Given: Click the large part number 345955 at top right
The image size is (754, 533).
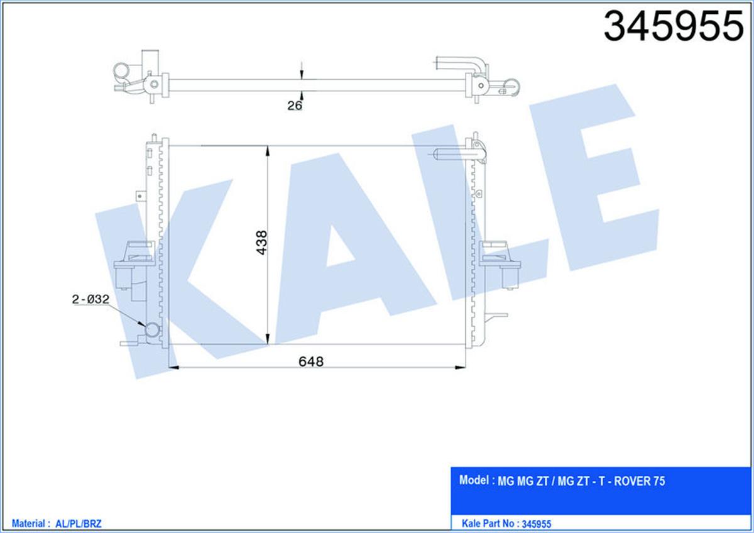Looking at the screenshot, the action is [x=674, y=26].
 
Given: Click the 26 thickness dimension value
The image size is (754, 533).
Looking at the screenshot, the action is [x=295, y=106].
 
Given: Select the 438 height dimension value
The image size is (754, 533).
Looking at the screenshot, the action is [x=261, y=243].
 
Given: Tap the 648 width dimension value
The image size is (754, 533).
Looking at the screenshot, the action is [x=311, y=361].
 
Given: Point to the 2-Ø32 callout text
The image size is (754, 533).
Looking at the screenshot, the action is [x=90, y=299].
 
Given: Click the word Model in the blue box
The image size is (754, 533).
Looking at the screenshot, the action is [x=474, y=480].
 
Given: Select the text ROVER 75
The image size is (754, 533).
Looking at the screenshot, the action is [x=640, y=481].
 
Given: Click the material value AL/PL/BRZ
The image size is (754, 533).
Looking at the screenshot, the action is [x=78, y=524].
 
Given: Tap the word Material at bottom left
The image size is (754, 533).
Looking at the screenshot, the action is [x=28, y=524].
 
